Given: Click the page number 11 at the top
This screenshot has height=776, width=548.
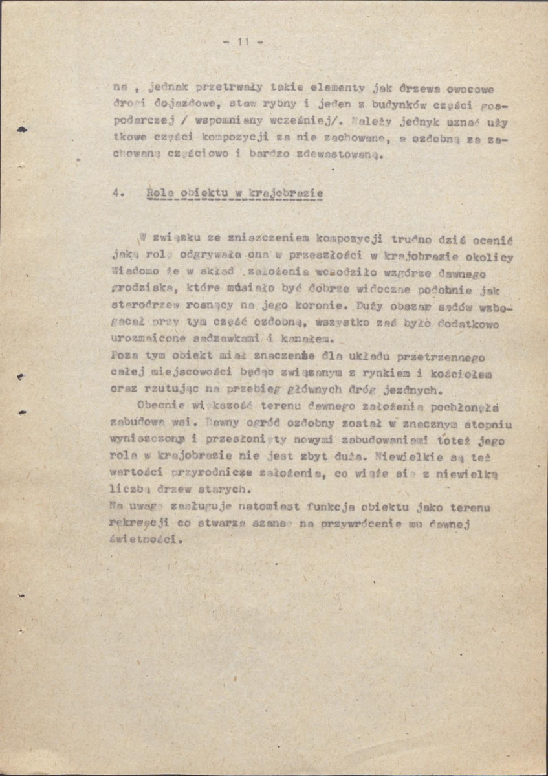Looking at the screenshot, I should click(243, 43).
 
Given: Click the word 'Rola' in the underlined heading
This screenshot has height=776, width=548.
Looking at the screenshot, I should click(159, 194).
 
